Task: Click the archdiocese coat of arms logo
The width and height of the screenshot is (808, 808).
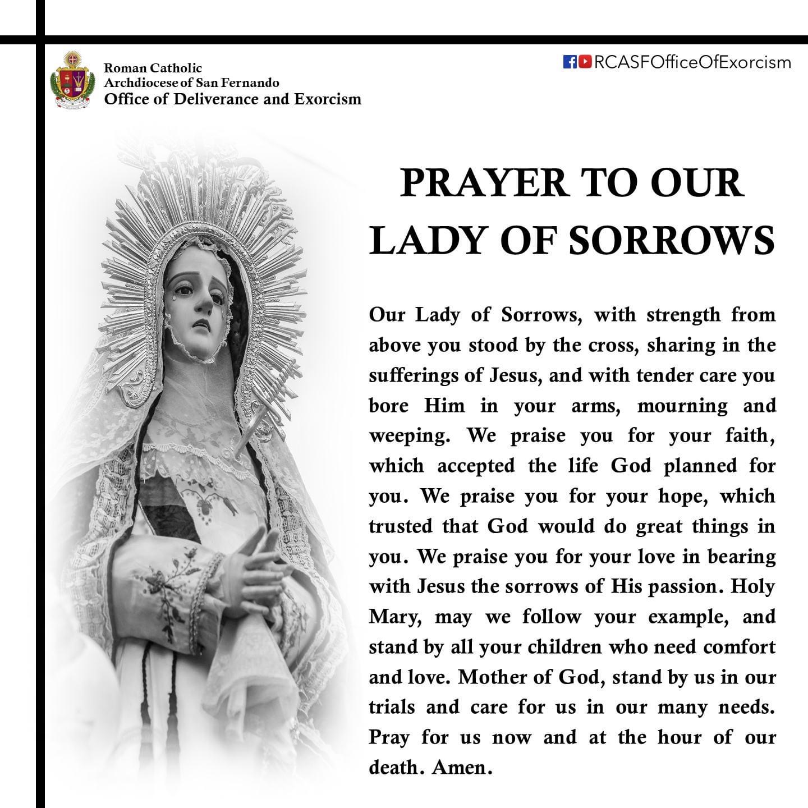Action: point(72,80)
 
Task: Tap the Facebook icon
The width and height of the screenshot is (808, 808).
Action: point(570,61)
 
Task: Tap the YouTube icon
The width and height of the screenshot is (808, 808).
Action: point(585,61)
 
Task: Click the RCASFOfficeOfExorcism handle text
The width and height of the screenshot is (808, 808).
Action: point(692,62)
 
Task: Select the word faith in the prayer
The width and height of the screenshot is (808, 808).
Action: point(747,435)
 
